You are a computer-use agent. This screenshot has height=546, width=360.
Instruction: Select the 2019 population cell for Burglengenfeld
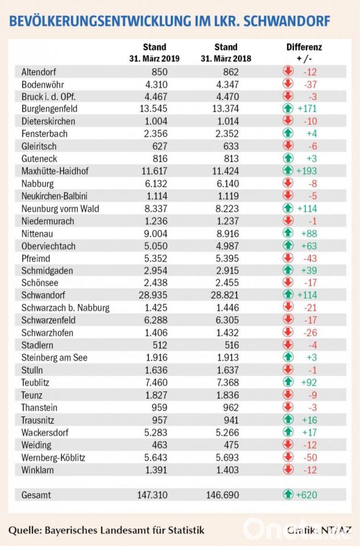tap(155, 109)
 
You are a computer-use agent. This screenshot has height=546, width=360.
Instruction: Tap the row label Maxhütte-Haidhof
tap(56, 171)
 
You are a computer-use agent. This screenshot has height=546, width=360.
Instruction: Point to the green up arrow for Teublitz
tap(288, 383)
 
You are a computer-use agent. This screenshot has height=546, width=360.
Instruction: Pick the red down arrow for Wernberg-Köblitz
tap(288, 457)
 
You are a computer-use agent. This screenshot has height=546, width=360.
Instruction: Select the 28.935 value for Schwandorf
tap(155, 295)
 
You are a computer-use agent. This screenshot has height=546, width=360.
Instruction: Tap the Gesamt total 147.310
tap(152, 494)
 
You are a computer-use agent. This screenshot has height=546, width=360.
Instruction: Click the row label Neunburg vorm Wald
tap(60, 208)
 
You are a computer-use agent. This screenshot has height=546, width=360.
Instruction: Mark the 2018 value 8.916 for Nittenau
tap(226, 233)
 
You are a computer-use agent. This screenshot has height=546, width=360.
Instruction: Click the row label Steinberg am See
tap(55, 358)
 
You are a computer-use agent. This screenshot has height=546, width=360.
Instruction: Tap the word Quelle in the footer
tap(24, 530)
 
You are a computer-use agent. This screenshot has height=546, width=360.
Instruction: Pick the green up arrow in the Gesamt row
tap(288, 495)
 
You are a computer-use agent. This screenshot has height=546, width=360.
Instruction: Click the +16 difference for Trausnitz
tap(307, 420)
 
